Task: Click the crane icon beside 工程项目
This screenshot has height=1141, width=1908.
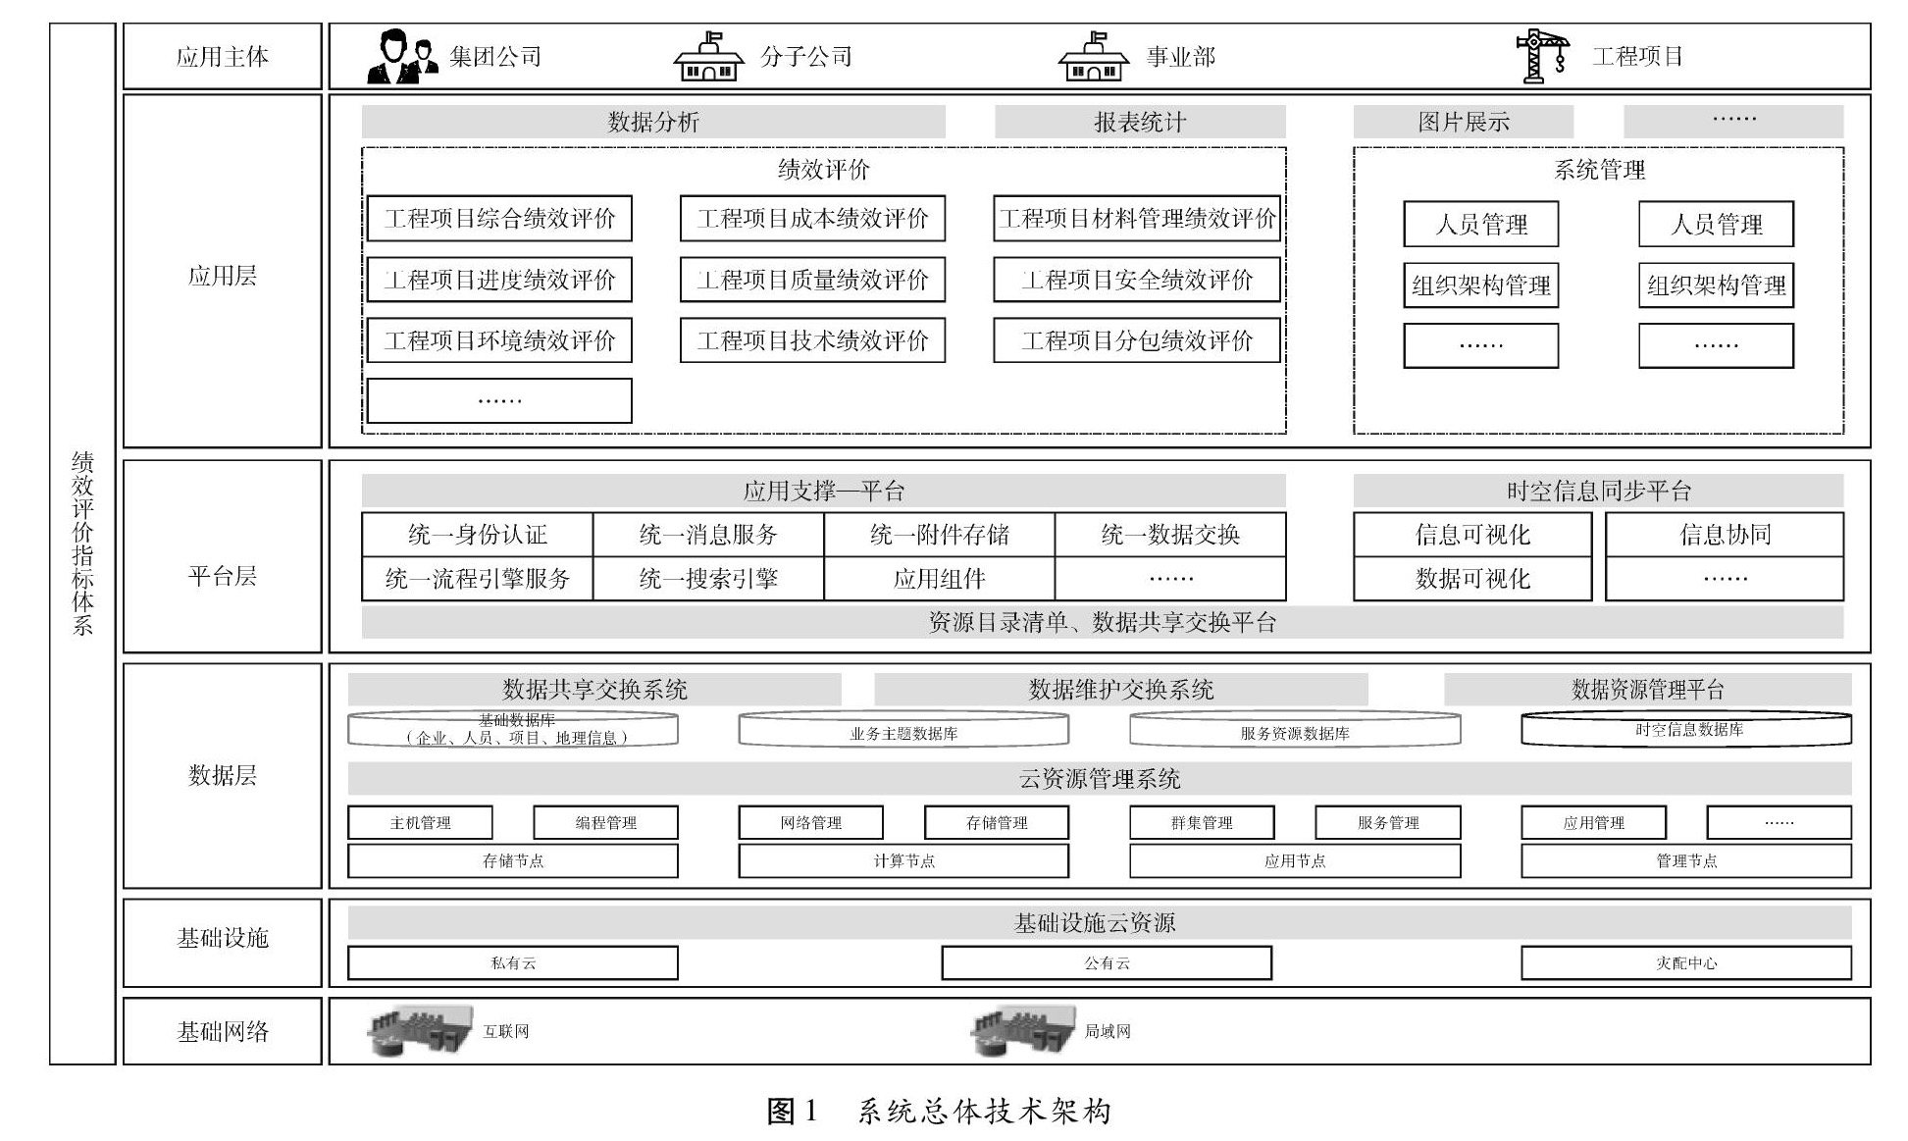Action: click(1541, 56)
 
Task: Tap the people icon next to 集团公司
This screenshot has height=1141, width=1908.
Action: click(402, 57)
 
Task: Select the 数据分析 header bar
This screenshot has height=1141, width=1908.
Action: click(652, 122)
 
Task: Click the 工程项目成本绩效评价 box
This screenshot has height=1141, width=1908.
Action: click(812, 219)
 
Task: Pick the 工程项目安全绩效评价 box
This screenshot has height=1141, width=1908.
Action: click(1136, 280)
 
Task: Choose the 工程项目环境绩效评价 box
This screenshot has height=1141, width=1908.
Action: click(499, 340)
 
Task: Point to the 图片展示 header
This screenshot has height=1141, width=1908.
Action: click(1463, 122)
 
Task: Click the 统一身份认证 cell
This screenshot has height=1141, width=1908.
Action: click(477, 535)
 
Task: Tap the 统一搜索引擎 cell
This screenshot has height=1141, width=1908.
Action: click(707, 579)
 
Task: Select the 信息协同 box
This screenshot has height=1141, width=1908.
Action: click(1724, 535)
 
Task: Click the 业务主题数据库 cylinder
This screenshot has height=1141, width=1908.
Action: click(903, 730)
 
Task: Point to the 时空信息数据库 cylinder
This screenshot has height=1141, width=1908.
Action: click(1686, 729)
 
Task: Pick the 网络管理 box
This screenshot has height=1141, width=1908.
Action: click(810, 822)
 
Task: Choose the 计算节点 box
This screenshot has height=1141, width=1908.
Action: click(903, 860)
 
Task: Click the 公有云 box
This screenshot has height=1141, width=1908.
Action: click(1107, 962)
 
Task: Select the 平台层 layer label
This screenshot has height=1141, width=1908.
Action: click(223, 576)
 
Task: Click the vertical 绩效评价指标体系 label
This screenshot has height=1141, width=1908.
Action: click(82, 544)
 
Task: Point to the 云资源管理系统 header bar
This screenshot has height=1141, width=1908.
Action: click(1099, 779)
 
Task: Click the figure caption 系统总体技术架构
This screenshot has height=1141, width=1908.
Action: click(984, 1111)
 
